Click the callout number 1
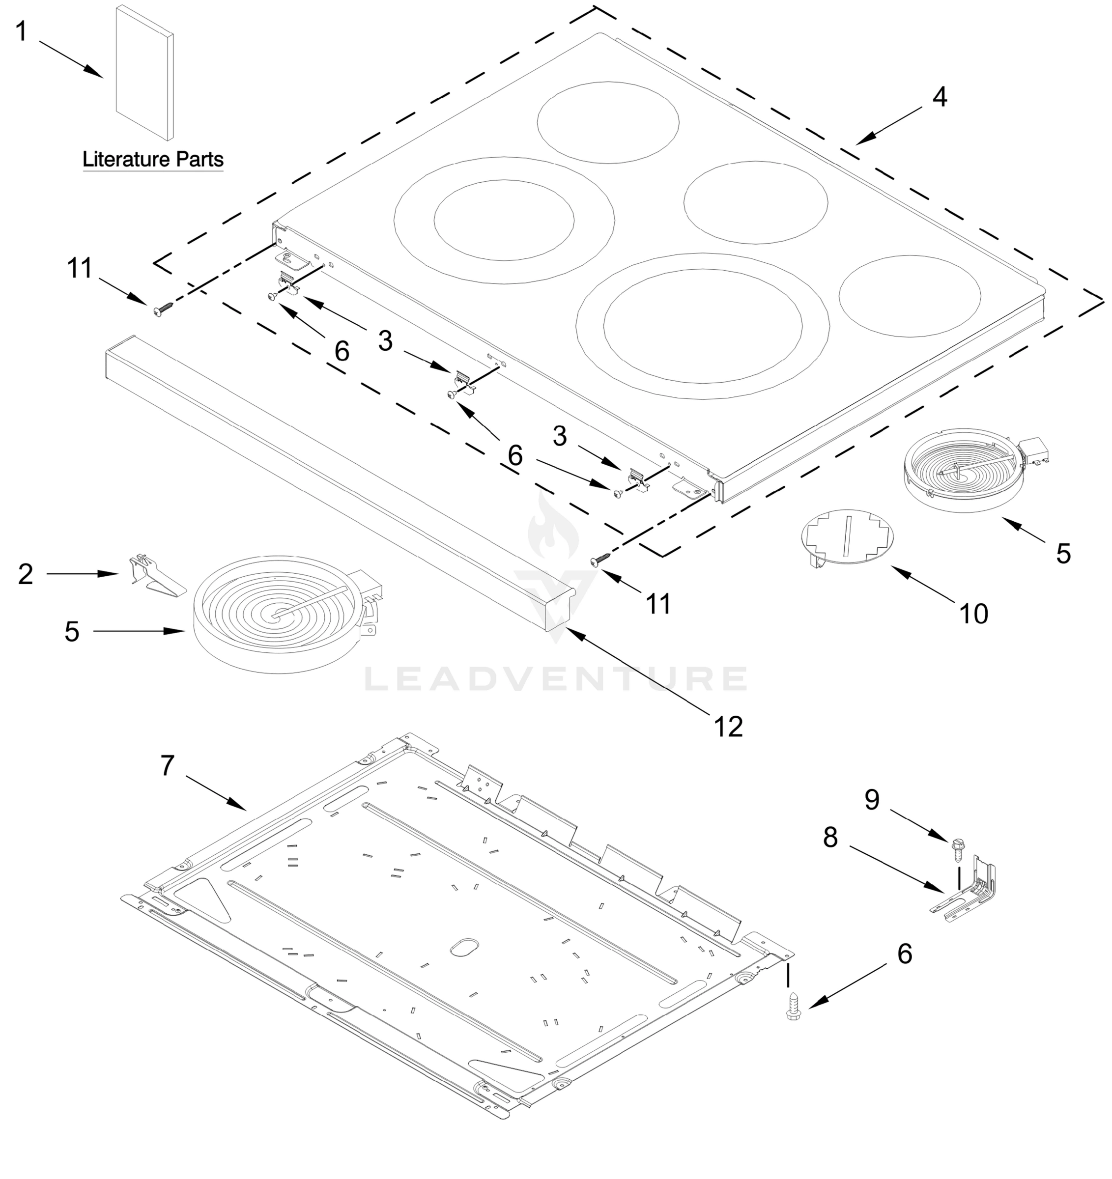[x=21, y=31]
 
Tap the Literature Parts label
[x=152, y=159]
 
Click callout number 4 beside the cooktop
[x=939, y=97]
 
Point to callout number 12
[x=728, y=726]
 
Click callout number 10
[x=973, y=614]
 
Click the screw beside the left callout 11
[x=163, y=309]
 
